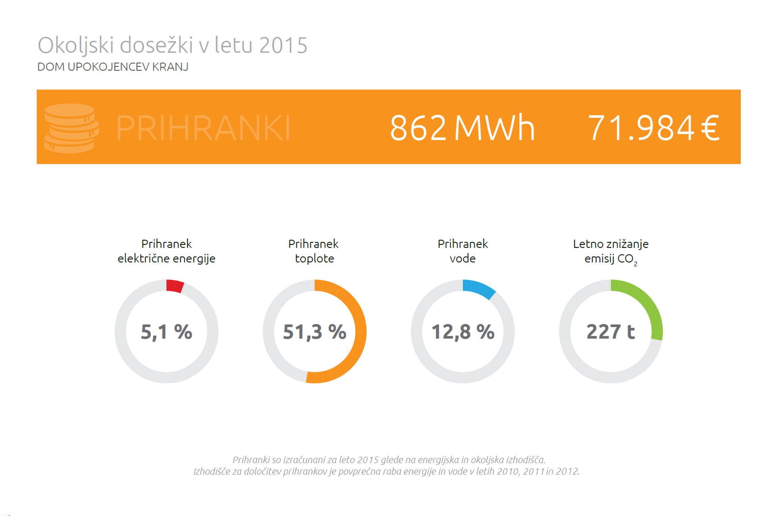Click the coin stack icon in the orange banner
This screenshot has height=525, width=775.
click(x=71, y=128)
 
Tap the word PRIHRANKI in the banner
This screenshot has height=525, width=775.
click(x=203, y=128)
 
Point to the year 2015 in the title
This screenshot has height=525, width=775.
click(x=283, y=45)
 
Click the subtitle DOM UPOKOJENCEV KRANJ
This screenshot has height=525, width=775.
click(x=113, y=67)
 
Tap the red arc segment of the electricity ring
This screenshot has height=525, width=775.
click(x=175, y=286)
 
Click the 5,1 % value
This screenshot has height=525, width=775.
click(x=166, y=331)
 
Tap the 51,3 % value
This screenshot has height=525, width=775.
click(x=314, y=331)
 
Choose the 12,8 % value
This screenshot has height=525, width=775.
click(x=463, y=331)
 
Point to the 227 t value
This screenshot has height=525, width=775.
click(x=611, y=331)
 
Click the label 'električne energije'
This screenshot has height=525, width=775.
click(x=166, y=259)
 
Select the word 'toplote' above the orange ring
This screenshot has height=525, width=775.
click(x=314, y=259)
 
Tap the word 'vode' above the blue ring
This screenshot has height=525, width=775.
click(x=463, y=259)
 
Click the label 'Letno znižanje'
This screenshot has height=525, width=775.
click(x=611, y=244)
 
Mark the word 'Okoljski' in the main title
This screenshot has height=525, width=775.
click(x=75, y=45)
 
